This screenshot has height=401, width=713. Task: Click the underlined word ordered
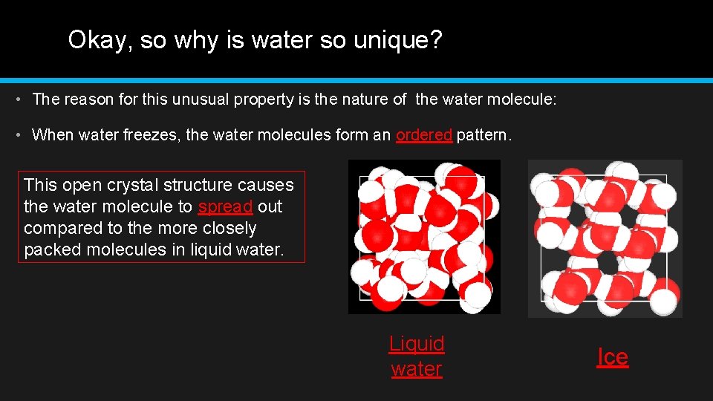point(424,135)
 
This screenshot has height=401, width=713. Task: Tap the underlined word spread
point(225,206)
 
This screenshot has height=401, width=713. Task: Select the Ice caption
point(613,357)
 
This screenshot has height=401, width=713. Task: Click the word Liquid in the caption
point(417,344)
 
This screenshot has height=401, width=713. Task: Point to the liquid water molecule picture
point(424,237)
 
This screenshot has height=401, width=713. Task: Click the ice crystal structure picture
point(605,238)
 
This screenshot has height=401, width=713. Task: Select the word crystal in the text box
point(131,185)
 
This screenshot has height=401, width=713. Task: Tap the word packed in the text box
point(52,250)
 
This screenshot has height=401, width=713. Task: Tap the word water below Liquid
point(417,369)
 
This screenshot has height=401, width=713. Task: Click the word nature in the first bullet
point(365,99)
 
